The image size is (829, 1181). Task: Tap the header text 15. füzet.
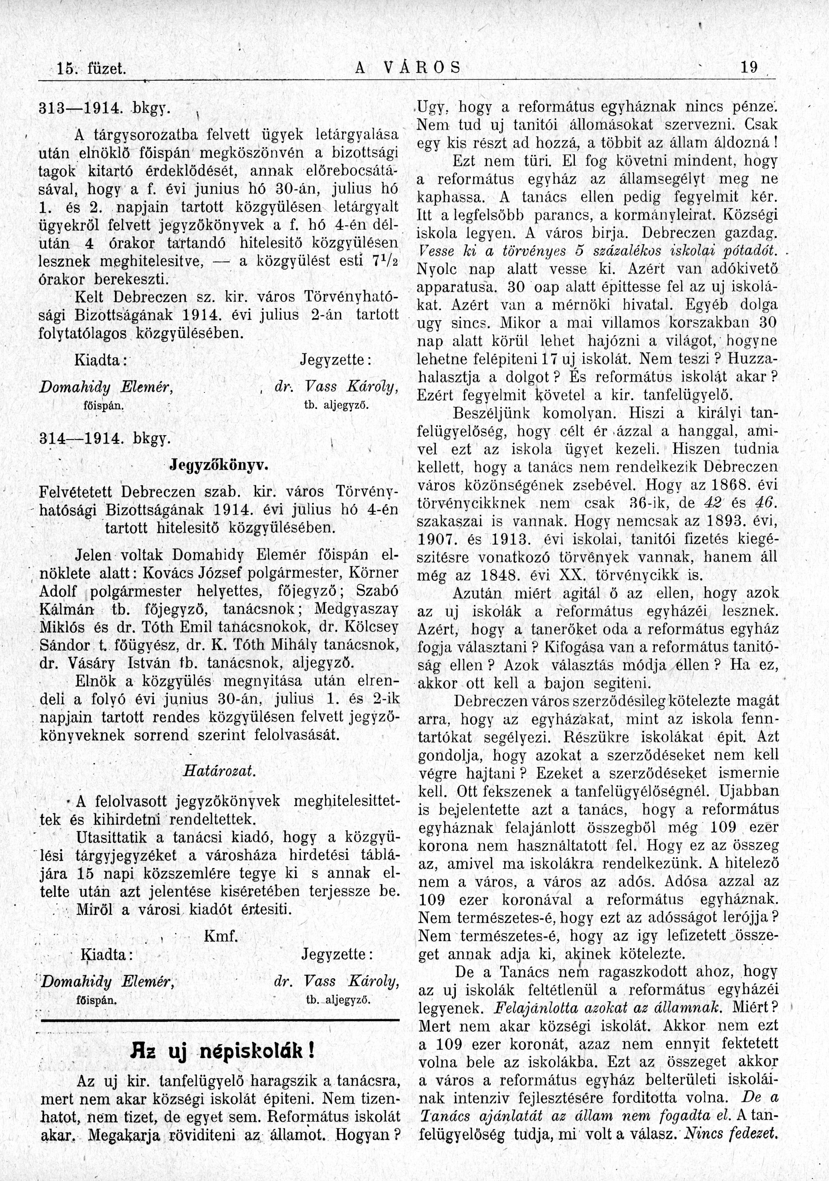[93, 69]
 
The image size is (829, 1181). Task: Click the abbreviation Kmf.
[221, 937]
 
